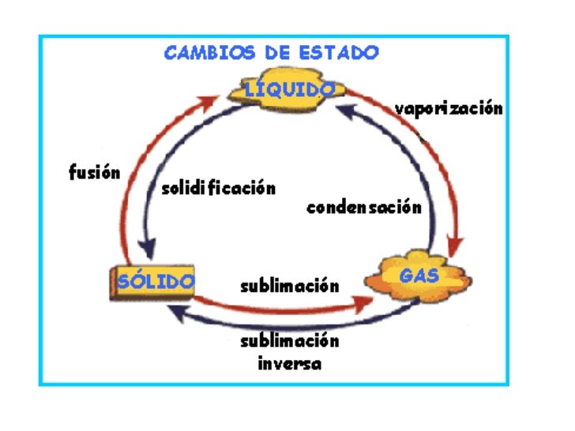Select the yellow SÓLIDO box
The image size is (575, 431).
tap(154, 281)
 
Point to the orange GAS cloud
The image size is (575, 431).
tap(419, 276)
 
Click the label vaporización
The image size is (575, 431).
tap(449, 109)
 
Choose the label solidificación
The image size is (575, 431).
tap(219, 189)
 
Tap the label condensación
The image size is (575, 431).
tap(363, 208)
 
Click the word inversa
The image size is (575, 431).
tap(289, 364)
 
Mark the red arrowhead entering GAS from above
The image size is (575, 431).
tap(453, 243)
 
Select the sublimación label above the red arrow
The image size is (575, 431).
tap(289, 285)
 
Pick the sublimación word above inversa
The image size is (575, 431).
tap(289, 341)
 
